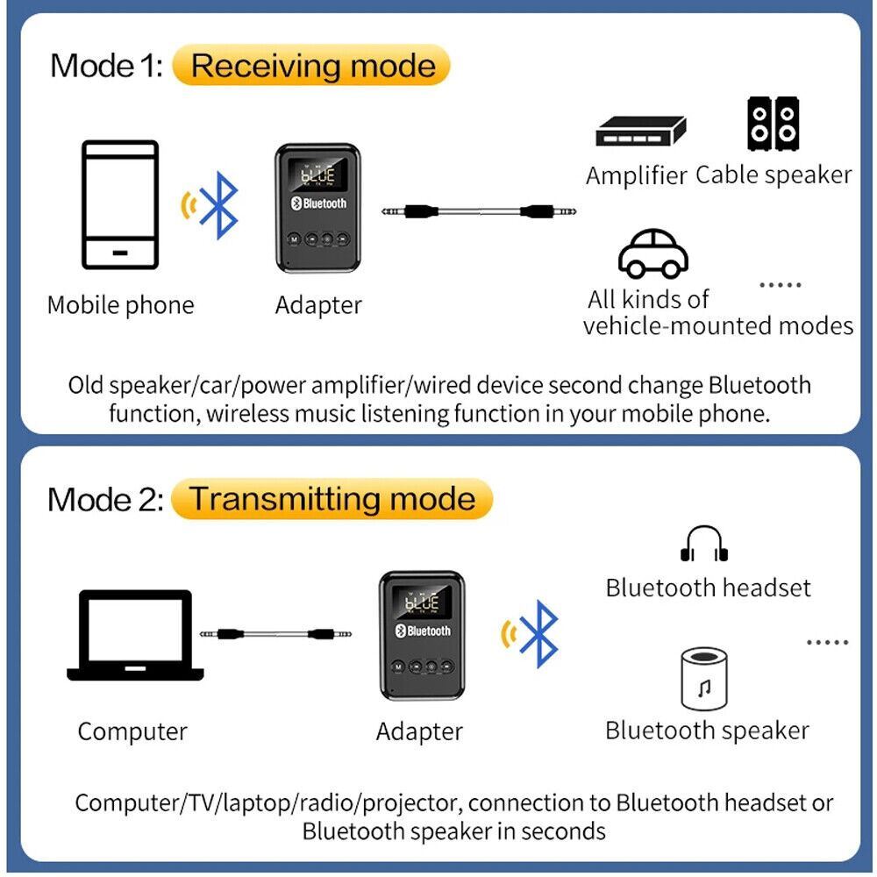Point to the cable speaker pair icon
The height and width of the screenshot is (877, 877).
pos(774,125)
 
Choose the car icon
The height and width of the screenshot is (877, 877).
pos(653,253)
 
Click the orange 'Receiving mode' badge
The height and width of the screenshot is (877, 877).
pos(311,67)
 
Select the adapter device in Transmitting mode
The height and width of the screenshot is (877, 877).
pos(421,635)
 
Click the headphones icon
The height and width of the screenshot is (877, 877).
pos(704,545)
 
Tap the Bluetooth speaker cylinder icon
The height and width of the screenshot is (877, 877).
pos(704,679)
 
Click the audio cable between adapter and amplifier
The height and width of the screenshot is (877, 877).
pos(470,211)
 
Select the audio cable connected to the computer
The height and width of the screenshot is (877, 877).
pos(275,632)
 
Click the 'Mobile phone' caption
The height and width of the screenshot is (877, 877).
pos(120,305)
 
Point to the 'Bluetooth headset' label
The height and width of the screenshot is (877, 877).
pos(708,588)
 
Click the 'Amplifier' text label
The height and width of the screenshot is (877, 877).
pos(636,175)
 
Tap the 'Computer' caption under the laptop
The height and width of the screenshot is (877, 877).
pos(132,731)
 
